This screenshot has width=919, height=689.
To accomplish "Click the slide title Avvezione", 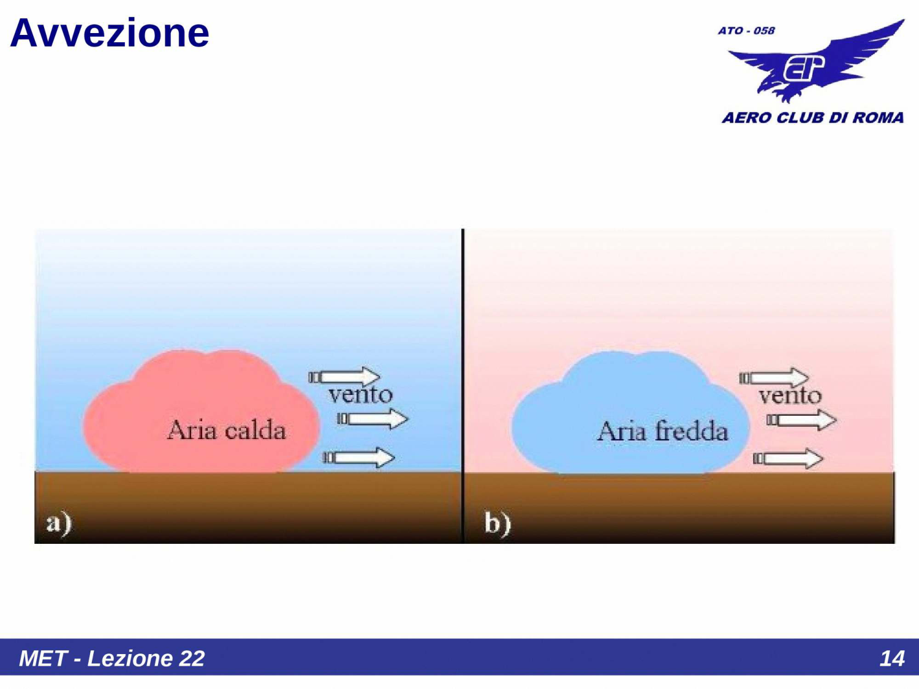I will click(x=110, y=33).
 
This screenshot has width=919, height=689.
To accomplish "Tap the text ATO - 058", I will click(x=746, y=31).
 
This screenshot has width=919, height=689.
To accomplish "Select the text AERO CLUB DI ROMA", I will click(x=812, y=118).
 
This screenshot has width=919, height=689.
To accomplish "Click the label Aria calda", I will click(x=226, y=431).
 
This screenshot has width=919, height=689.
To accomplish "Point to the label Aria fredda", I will click(x=663, y=431).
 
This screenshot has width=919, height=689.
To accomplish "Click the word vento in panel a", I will click(x=360, y=394).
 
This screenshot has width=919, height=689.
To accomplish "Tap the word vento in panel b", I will click(x=790, y=396).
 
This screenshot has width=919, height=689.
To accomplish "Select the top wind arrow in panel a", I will click(x=345, y=377).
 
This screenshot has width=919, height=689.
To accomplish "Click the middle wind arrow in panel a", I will click(x=373, y=419).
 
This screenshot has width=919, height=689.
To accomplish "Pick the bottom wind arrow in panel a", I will click(x=359, y=457).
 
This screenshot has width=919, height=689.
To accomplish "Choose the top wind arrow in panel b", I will click(x=774, y=377).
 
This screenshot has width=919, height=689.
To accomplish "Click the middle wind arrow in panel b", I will click(x=801, y=420).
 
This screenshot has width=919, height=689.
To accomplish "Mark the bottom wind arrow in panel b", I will click(x=789, y=458).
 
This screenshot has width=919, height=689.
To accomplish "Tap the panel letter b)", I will click(x=497, y=524).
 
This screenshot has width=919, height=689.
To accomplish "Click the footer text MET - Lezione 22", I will click(x=112, y=658).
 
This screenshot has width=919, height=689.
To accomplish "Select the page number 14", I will click(x=891, y=658).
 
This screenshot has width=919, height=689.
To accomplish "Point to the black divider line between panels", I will click(x=463, y=343).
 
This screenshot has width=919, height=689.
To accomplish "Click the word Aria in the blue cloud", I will click(x=622, y=431).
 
